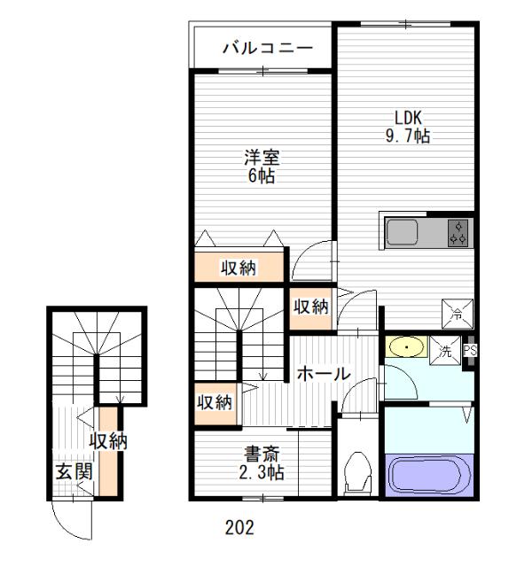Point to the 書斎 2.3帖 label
262,466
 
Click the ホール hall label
323,374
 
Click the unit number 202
239,528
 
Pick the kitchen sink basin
403,233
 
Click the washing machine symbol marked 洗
448,349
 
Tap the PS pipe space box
470,349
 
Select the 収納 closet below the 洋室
239,267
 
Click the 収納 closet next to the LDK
310,307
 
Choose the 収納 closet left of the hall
214,402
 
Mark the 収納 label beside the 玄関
107,440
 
